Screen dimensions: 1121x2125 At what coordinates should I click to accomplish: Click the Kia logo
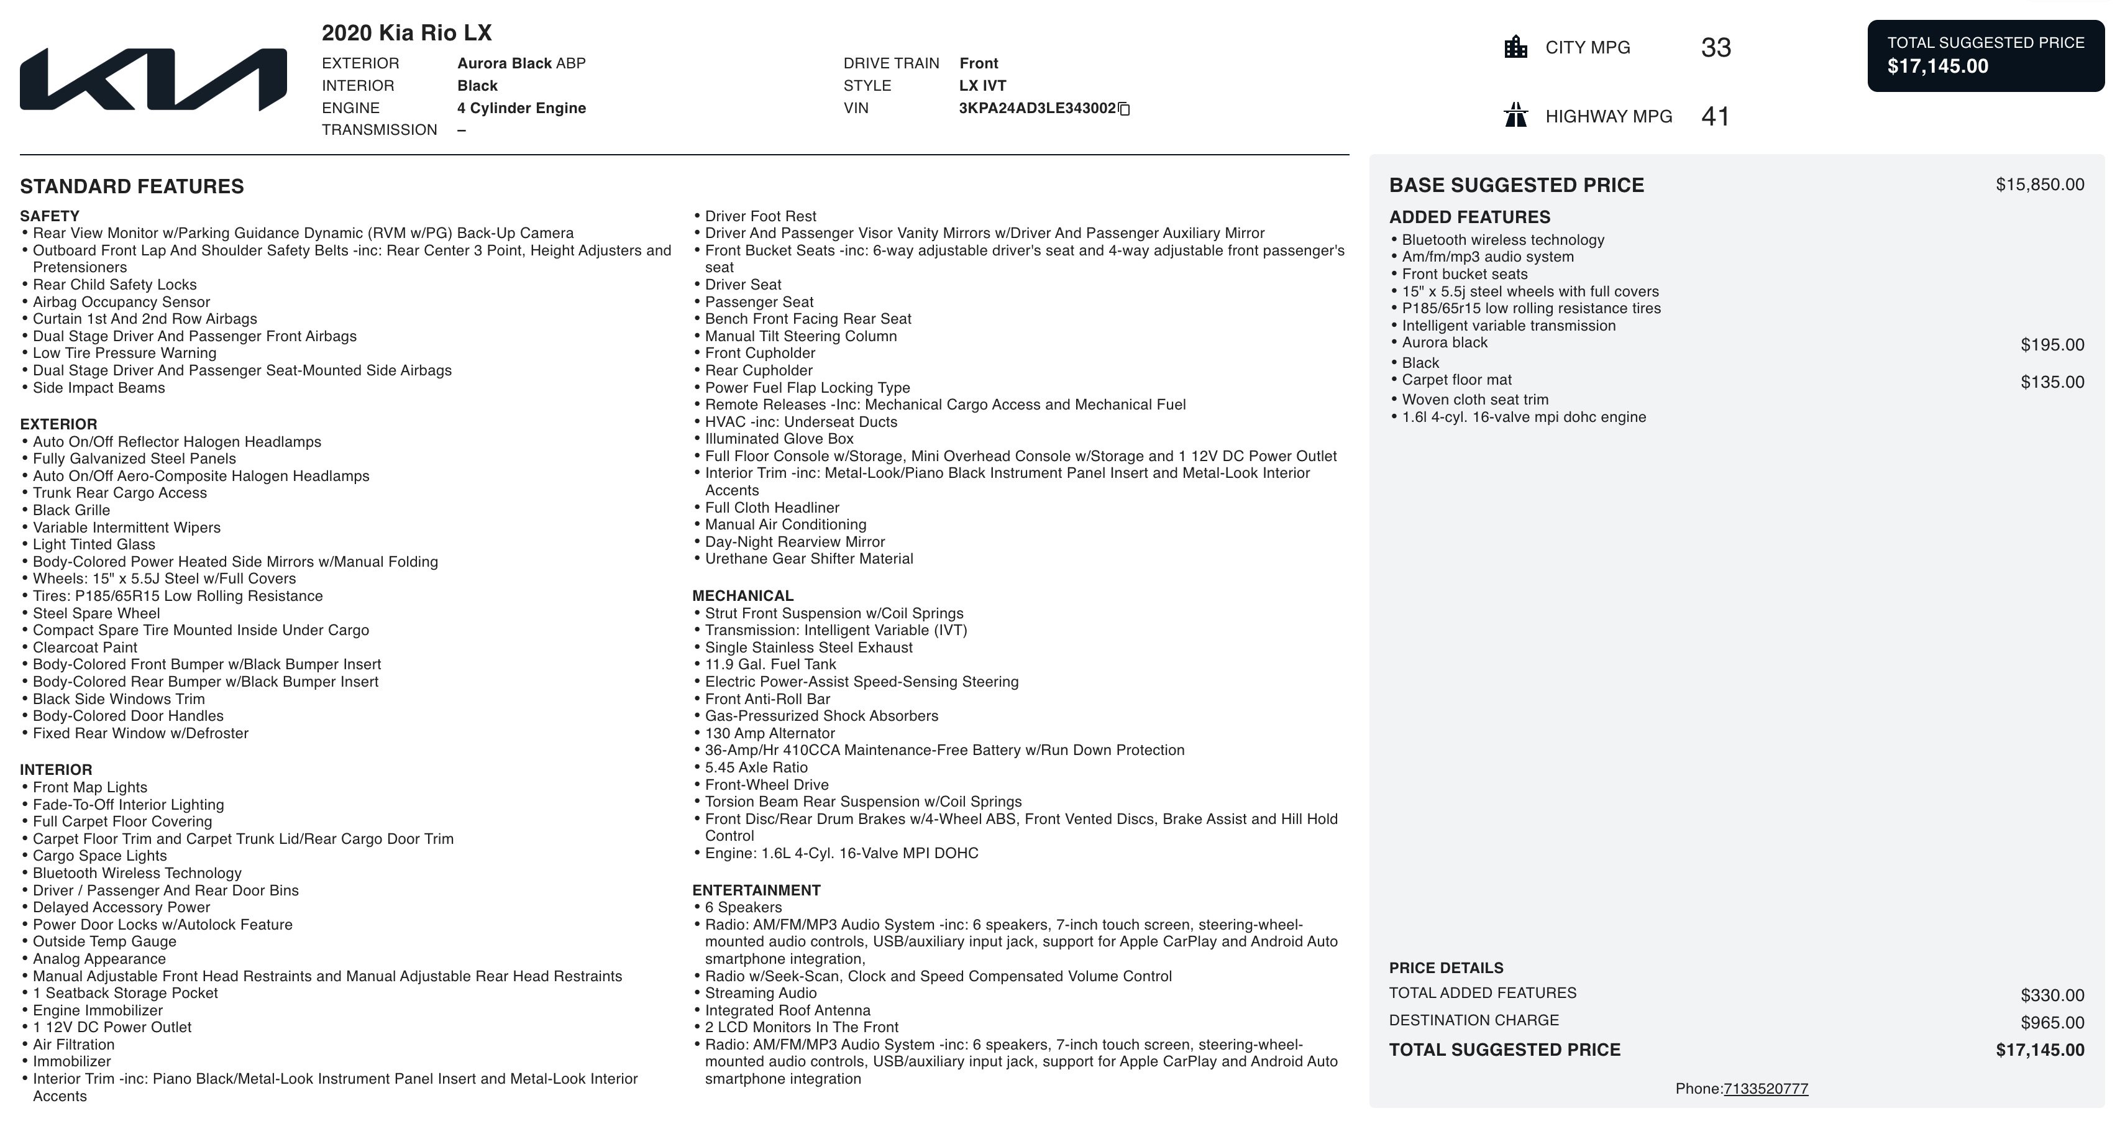point(153,79)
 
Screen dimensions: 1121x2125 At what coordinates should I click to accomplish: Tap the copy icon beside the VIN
point(1123,109)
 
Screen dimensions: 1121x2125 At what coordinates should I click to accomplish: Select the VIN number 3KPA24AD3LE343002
point(1036,108)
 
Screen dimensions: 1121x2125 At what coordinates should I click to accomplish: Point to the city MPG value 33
point(1715,48)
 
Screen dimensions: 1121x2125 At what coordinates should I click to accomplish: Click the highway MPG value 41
point(1715,116)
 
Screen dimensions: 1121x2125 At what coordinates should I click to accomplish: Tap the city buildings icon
point(1515,47)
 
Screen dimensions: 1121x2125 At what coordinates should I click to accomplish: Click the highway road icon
point(1515,116)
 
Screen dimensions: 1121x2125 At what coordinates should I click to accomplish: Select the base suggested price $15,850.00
point(2039,185)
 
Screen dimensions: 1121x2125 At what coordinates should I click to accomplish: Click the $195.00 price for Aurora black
point(2052,345)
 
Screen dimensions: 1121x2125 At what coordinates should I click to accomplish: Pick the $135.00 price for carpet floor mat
point(2052,382)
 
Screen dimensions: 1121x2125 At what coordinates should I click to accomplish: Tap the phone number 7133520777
point(1765,1089)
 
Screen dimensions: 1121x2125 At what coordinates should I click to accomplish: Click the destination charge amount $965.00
point(2052,1023)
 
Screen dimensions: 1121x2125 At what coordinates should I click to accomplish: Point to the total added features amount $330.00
point(2052,995)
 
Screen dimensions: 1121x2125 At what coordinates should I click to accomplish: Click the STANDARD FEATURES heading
point(132,186)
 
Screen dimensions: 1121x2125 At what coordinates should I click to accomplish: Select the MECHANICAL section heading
point(743,595)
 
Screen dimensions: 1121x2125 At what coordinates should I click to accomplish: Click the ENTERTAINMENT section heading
point(756,890)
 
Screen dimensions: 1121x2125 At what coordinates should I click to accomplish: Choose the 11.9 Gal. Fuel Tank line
point(770,664)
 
